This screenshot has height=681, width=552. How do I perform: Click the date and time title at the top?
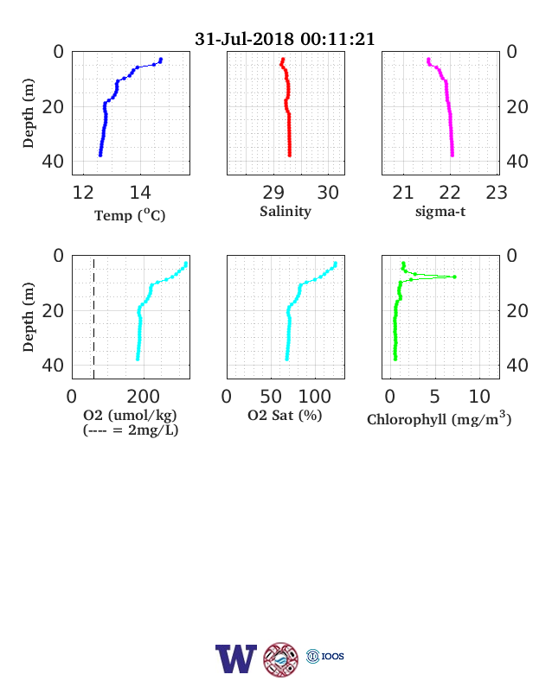(285, 39)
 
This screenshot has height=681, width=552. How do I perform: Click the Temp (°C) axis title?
(130, 214)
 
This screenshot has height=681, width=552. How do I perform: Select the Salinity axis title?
(286, 211)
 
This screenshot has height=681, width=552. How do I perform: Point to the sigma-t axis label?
(440, 212)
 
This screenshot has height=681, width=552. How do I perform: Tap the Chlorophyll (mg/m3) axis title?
(439, 418)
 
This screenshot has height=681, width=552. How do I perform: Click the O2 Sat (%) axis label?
(285, 415)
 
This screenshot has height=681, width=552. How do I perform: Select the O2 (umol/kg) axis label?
(130, 415)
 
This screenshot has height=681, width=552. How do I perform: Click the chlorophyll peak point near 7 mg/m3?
(454, 277)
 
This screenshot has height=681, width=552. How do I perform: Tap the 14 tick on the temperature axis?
(140, 193)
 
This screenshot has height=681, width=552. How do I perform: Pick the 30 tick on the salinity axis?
(328, 193)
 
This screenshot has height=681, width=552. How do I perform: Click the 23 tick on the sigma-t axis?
(497, 193)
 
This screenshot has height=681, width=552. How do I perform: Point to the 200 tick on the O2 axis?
(144, 397)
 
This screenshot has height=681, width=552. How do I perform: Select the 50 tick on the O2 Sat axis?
(271, 397)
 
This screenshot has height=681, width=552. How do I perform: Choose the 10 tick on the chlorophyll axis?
(479, 397)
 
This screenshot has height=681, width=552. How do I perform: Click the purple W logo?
(236, 659)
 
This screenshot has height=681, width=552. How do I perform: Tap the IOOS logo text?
(332, 656)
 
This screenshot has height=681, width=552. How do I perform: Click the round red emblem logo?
(281, 659)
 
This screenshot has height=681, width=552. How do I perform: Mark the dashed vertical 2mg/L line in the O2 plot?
(94, 317)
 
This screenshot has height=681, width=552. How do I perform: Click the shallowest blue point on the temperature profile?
(161, 60)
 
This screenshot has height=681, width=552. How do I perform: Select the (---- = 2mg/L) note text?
(131, 430)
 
